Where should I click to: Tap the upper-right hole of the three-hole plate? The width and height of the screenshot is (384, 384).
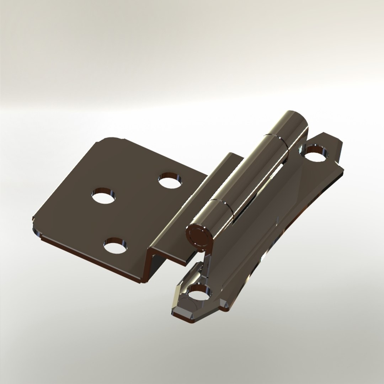169,180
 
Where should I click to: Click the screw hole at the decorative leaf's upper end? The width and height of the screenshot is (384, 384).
316,153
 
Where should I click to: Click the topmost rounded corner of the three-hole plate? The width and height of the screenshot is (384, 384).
112,139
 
